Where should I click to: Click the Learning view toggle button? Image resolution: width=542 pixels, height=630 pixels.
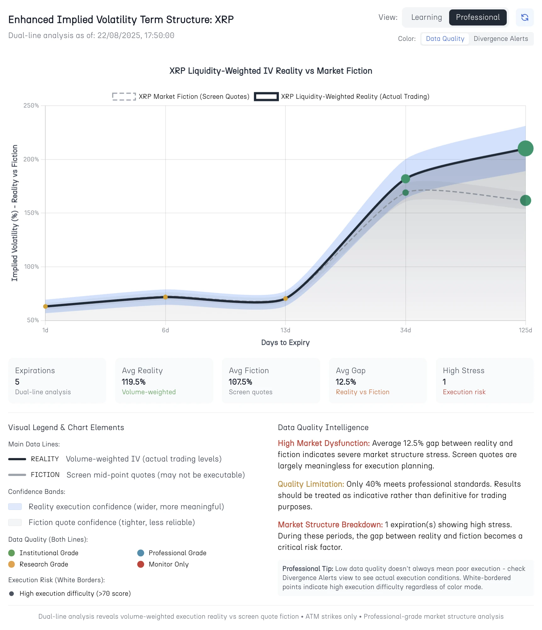426,17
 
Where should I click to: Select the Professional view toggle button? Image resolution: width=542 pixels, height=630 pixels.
477,17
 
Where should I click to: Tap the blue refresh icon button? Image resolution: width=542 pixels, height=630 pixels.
524,17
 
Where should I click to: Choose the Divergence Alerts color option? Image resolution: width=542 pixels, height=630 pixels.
500,39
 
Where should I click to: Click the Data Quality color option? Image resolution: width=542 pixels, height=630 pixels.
445,39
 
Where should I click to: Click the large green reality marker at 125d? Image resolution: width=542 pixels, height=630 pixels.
525,148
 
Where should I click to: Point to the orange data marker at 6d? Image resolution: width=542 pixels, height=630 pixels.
165,297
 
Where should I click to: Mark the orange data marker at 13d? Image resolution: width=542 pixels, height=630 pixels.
285,298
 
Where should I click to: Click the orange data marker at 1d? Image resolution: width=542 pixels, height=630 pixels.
45,307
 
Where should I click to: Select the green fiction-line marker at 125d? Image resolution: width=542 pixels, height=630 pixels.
525,200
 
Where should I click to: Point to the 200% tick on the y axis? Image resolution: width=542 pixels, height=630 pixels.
31,159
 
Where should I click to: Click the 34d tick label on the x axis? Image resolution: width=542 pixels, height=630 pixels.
405,330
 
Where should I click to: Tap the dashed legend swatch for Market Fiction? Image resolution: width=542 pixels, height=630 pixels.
124,97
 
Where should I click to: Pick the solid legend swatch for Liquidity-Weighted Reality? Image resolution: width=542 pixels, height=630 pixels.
266,97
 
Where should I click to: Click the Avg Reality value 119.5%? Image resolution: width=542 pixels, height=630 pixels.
133,382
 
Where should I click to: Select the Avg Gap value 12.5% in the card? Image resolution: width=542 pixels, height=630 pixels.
346,382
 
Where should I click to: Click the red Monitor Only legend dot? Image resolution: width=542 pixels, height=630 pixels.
141,564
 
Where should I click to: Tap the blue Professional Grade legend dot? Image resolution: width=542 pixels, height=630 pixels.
141,553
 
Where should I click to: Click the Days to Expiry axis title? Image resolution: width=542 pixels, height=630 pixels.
285,342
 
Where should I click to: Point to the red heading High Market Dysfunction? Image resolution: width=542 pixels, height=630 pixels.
324,443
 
